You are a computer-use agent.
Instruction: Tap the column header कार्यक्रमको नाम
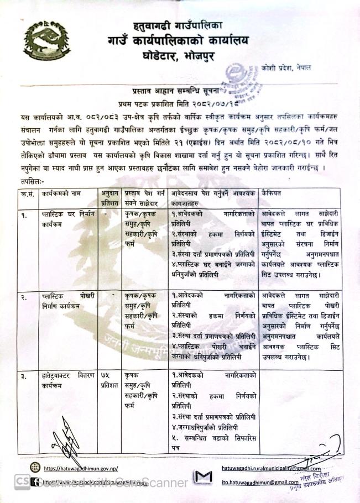[62, 193]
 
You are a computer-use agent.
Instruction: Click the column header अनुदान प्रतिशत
[109, 197]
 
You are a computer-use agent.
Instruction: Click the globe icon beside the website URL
[35, 468]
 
